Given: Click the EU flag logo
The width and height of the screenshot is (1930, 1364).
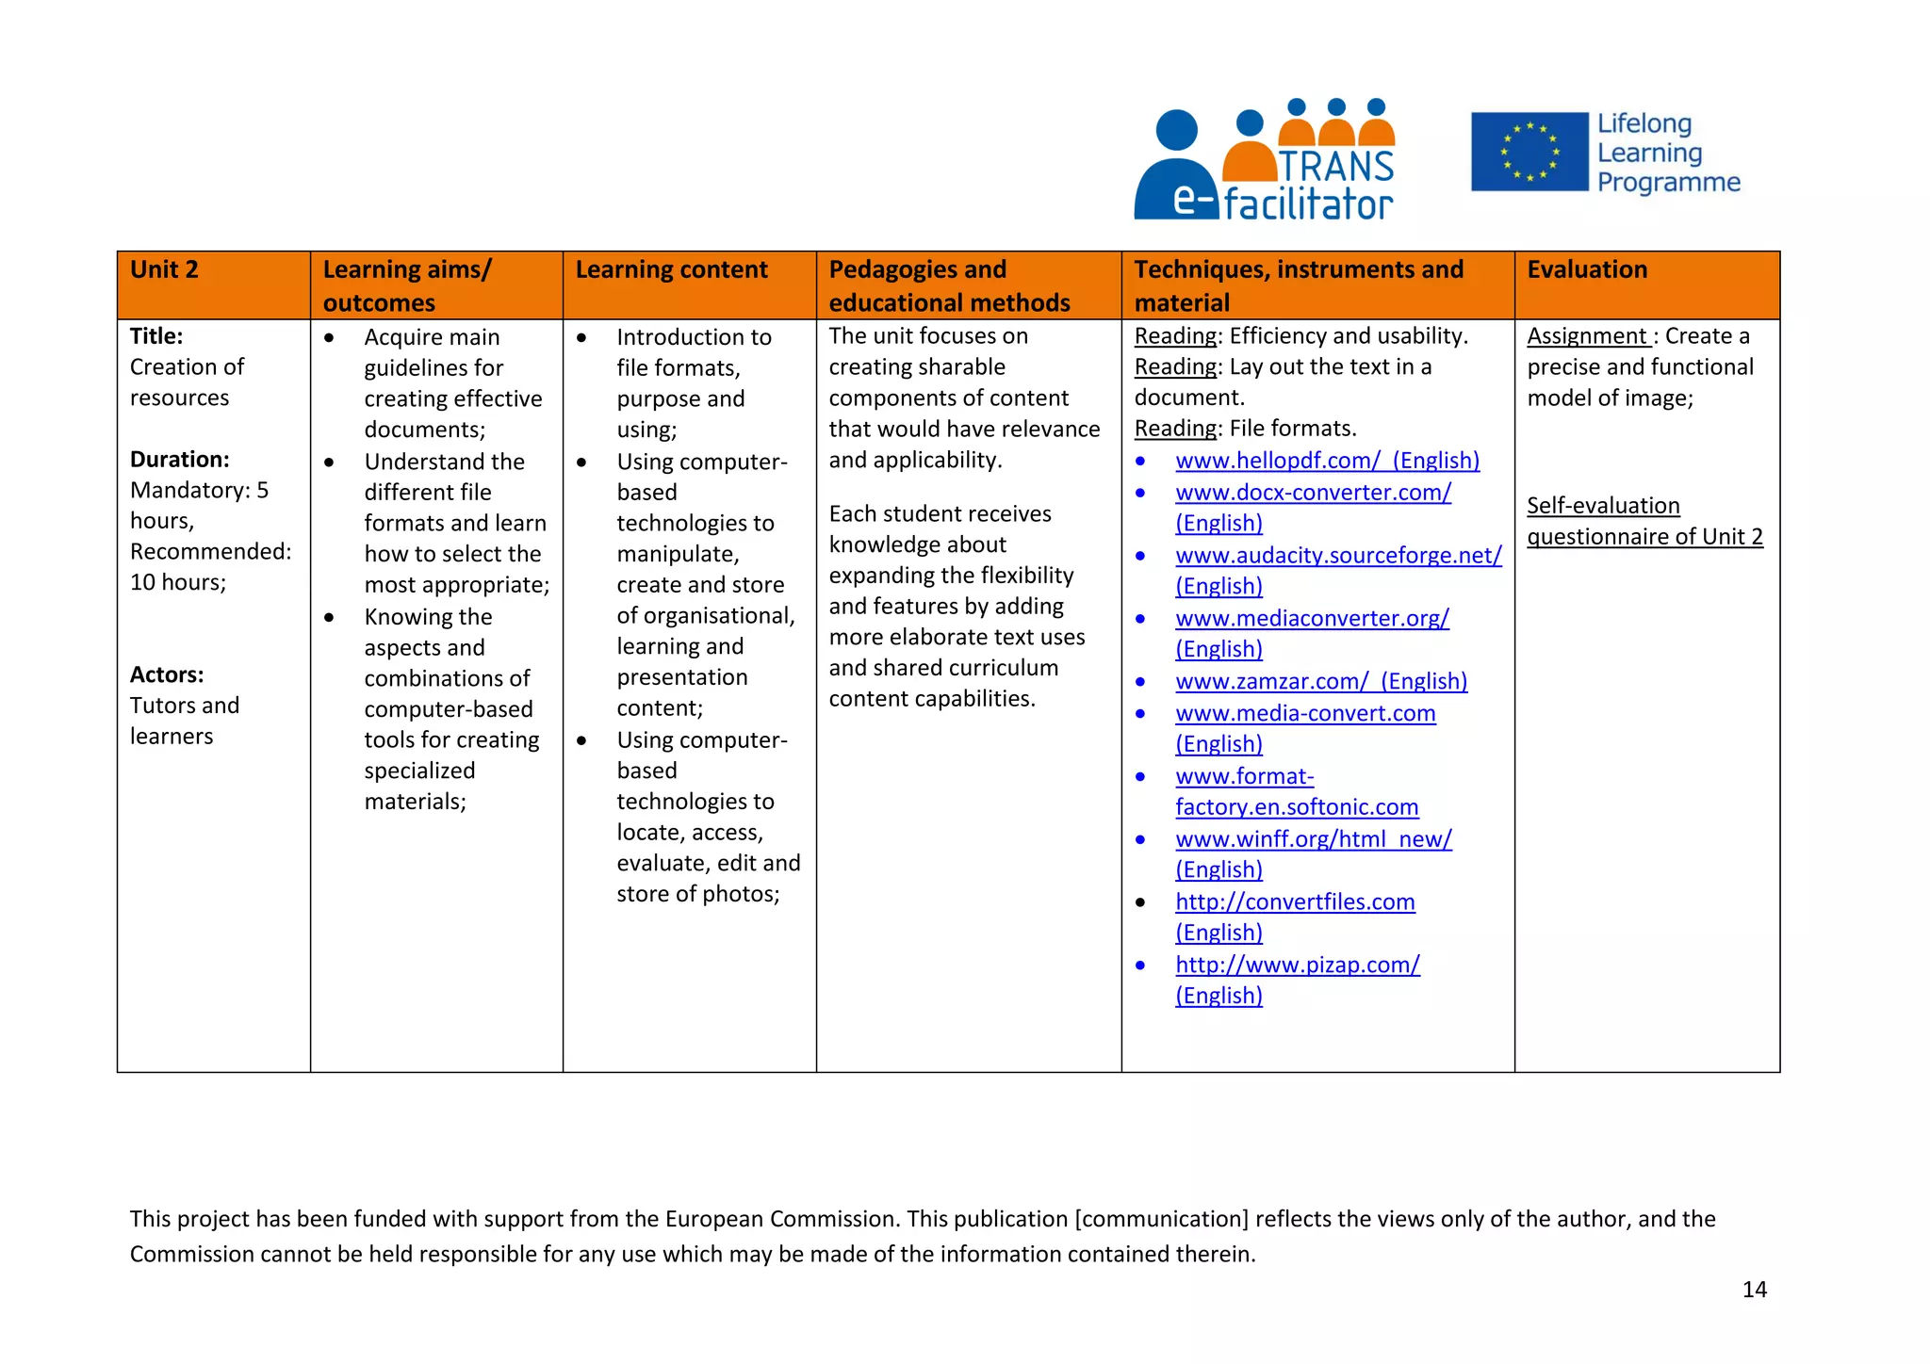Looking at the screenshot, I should tap(1529, 152).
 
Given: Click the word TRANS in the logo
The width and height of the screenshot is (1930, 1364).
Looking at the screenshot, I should tap(1335, 167).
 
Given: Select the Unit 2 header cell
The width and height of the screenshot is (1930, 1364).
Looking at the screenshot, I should tap(165, 270).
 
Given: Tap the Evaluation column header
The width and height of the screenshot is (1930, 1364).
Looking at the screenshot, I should tap(1587, 270).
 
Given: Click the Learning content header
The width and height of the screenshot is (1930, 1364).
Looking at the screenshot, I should tap(671, 270).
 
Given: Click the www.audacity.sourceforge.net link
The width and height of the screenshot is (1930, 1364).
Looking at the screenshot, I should tap(1337, 556).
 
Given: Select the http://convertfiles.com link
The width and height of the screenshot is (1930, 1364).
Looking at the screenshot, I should tap(1295, 902).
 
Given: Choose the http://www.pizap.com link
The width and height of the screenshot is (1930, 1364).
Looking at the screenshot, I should tap(1297, 966).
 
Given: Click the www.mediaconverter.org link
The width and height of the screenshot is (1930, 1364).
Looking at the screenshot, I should tap(1312, 619).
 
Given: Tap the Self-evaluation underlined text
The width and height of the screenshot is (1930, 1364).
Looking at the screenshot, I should tap(1603, 506).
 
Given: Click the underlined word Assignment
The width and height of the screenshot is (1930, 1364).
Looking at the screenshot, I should tap(1587, 336).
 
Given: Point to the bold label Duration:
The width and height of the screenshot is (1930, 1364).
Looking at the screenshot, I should tap(180, 460).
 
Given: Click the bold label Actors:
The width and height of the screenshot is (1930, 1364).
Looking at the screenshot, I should tap(167, 675).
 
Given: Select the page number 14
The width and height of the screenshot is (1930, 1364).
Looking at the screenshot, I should tap(1754, 1290).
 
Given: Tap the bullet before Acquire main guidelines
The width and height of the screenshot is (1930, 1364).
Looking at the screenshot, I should tap(329, 338).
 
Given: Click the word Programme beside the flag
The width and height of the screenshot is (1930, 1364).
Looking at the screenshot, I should tap(1668, 183).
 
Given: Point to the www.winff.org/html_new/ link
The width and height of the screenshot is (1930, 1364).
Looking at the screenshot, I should tap(1313, 839).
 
